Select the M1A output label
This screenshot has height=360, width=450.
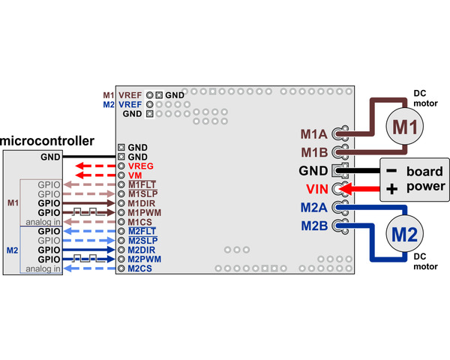tap(313, 135)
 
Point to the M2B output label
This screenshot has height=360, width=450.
tap(313, 224)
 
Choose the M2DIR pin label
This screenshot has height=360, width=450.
tap(142, 250)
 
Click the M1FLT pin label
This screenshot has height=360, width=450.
tap(142, 184)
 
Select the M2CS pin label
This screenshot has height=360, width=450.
tap(140, 268)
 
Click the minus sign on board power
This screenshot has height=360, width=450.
tap(391, 170)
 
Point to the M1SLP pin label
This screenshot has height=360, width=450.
tap(142, 193)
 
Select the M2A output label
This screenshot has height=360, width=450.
tap(313, 206)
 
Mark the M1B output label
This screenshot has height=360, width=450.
tap(313, 153)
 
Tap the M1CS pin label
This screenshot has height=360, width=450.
tap(140, 222)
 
